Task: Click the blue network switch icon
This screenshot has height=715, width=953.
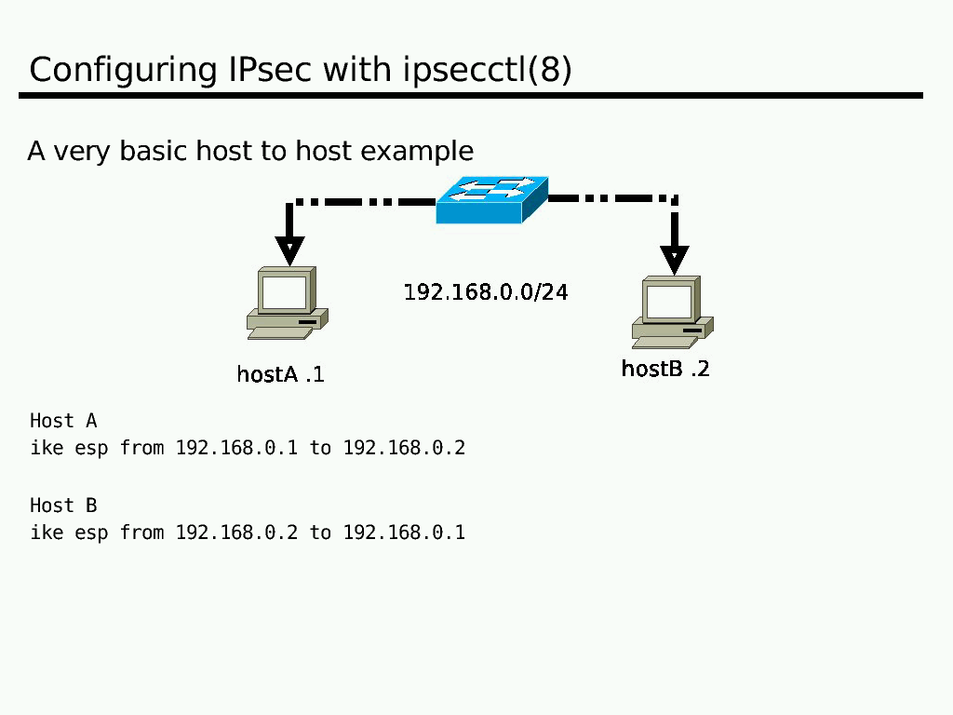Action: click(x=491, y=199)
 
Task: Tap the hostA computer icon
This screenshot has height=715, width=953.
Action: click(x=288, y=303)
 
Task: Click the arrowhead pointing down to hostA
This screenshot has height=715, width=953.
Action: click(x=289, y=250)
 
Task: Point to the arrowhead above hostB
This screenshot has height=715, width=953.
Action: click(x=674, y=258)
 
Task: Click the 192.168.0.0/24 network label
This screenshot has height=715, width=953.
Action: click(x=486, y=292)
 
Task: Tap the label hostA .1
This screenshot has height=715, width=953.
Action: click(x=280, y=374)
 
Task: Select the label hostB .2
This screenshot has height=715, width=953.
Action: click(x=664, y=369)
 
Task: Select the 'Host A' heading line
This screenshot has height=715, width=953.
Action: click(x=63, y=421)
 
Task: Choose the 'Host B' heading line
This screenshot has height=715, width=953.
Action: click(x=63, y=506)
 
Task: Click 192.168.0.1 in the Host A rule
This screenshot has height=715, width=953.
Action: click(x=236, y=448)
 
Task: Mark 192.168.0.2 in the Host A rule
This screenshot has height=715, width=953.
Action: click(x=404, y=448)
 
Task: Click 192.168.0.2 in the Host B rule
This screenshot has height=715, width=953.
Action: click(x=236, y=533)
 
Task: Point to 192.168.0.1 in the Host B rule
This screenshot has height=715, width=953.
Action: click(x=404, y=533)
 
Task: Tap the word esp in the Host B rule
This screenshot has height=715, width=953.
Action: click(x=91, y=533)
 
